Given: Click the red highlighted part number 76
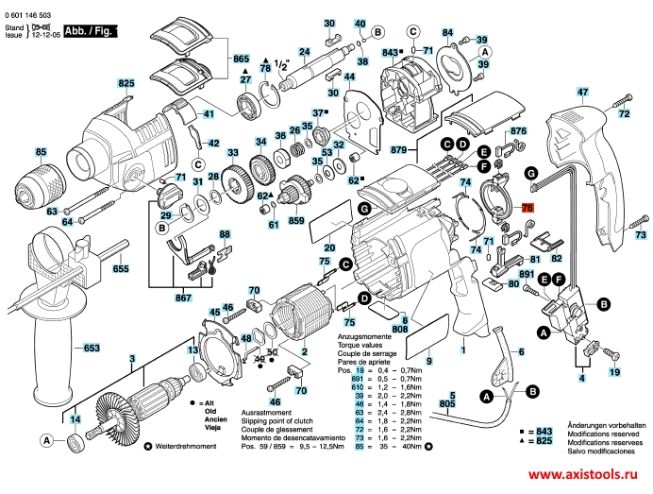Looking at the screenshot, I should pyautogui.click(x=527, y=207).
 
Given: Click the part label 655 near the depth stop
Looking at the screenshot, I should pyautogui.click(x=121, y=269).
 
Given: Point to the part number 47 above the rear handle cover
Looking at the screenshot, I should pyautogui.click(x=582, y=92).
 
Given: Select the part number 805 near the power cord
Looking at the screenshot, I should pyautogui.click(x=450, y=403).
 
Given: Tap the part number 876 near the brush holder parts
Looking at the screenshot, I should pyautogui.click(x=518, y=131).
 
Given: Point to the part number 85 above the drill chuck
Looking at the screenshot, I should pyautogui.click(x=41, y=152).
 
